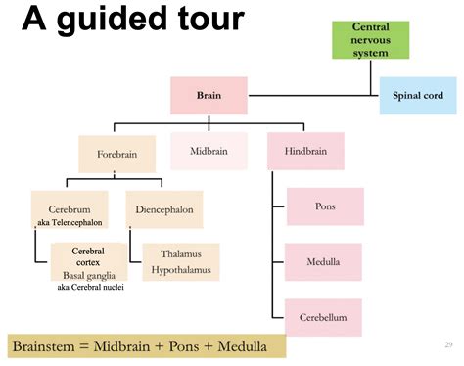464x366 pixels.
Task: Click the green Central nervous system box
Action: click(370, 39)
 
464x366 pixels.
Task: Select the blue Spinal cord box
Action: click(418, 96)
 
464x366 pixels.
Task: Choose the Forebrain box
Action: click(116, 155)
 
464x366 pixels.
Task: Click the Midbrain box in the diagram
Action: click(211, 153)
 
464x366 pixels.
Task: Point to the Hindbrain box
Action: click(304, 153)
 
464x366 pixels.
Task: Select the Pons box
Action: click(325, 206)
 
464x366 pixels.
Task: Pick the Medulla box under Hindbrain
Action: click(325, 262)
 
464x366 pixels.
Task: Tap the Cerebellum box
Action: click(325, 317)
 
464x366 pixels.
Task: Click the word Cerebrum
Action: click(68, 209)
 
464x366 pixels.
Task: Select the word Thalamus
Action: click(181, 253)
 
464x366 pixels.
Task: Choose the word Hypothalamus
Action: click(181, 267)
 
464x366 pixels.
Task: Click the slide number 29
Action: click(448, 344)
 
